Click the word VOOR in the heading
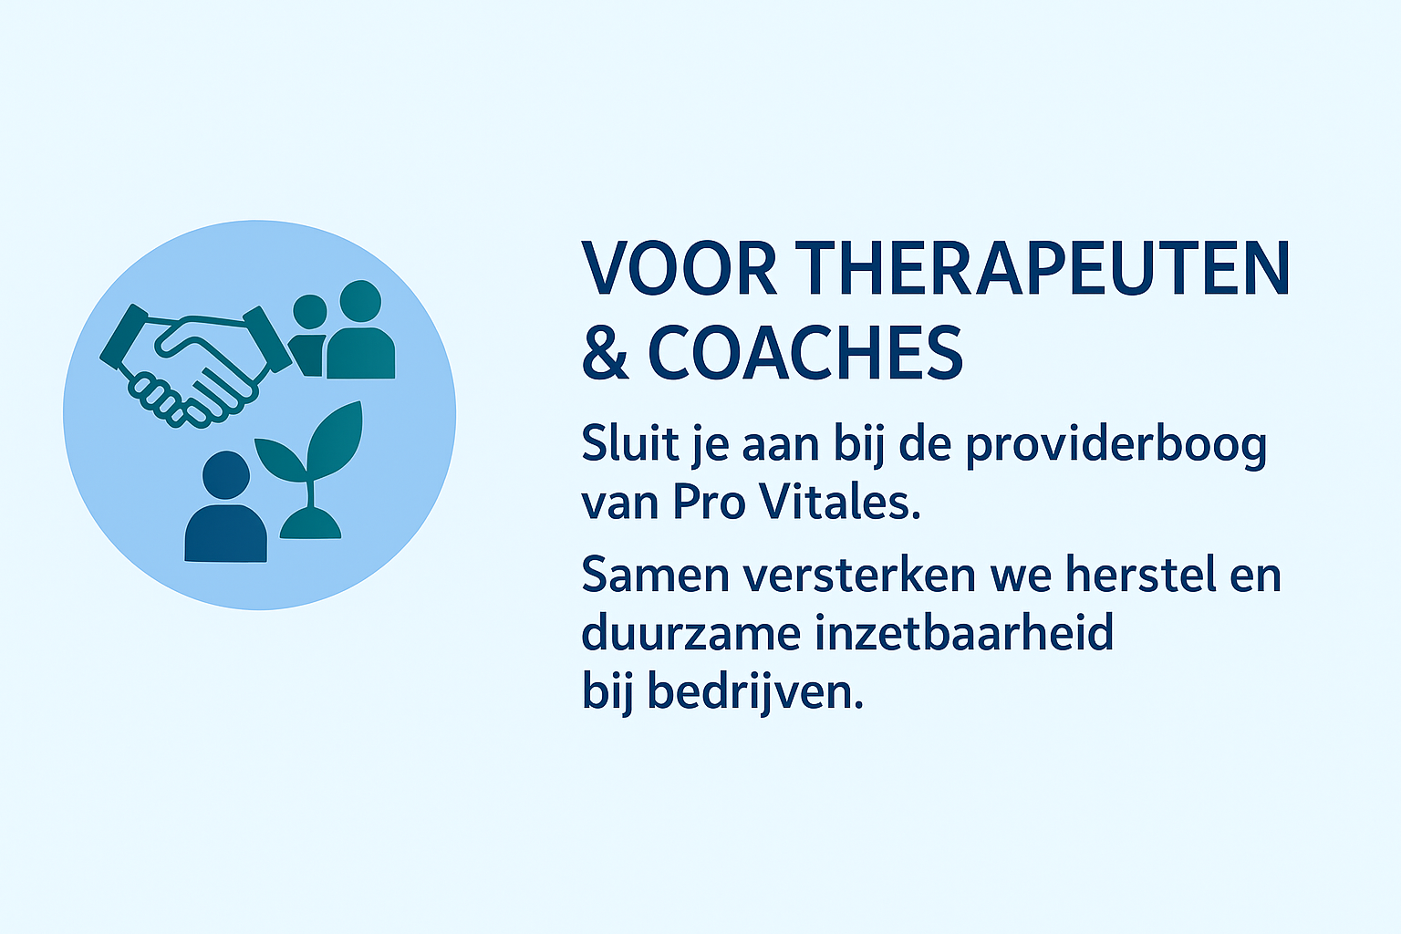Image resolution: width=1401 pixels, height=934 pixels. (680, 268)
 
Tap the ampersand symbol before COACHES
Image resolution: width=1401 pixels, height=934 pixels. (604, 352)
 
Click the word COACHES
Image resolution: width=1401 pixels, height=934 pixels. (805, 352)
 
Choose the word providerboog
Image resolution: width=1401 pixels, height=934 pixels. (1117, 446)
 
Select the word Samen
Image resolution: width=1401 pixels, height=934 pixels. (656, 575)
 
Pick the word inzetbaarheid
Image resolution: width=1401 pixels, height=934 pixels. (964, 632)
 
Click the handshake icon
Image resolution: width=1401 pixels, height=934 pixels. (195, 366)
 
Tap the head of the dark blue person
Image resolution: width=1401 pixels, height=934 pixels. (226, 475)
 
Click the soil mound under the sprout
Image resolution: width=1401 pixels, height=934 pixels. (310, 524)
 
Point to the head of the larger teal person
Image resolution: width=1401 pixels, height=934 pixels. (360, 302)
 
